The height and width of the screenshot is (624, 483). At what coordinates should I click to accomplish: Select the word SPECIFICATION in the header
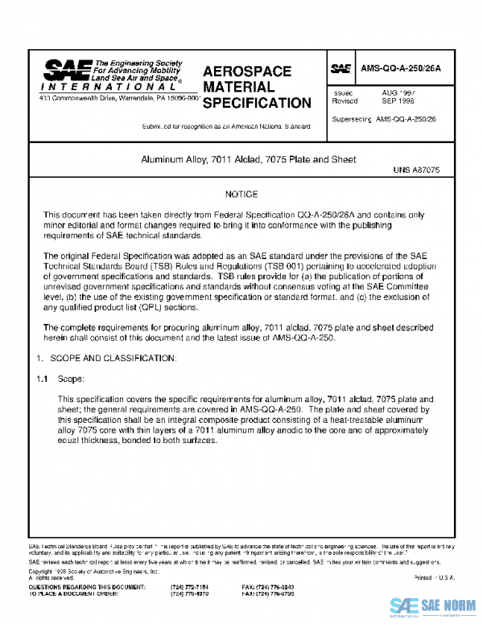pos(256,103)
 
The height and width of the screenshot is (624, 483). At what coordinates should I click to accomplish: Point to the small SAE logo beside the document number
pos(342,69)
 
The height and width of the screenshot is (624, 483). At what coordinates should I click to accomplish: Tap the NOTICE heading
pos(242,195)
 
